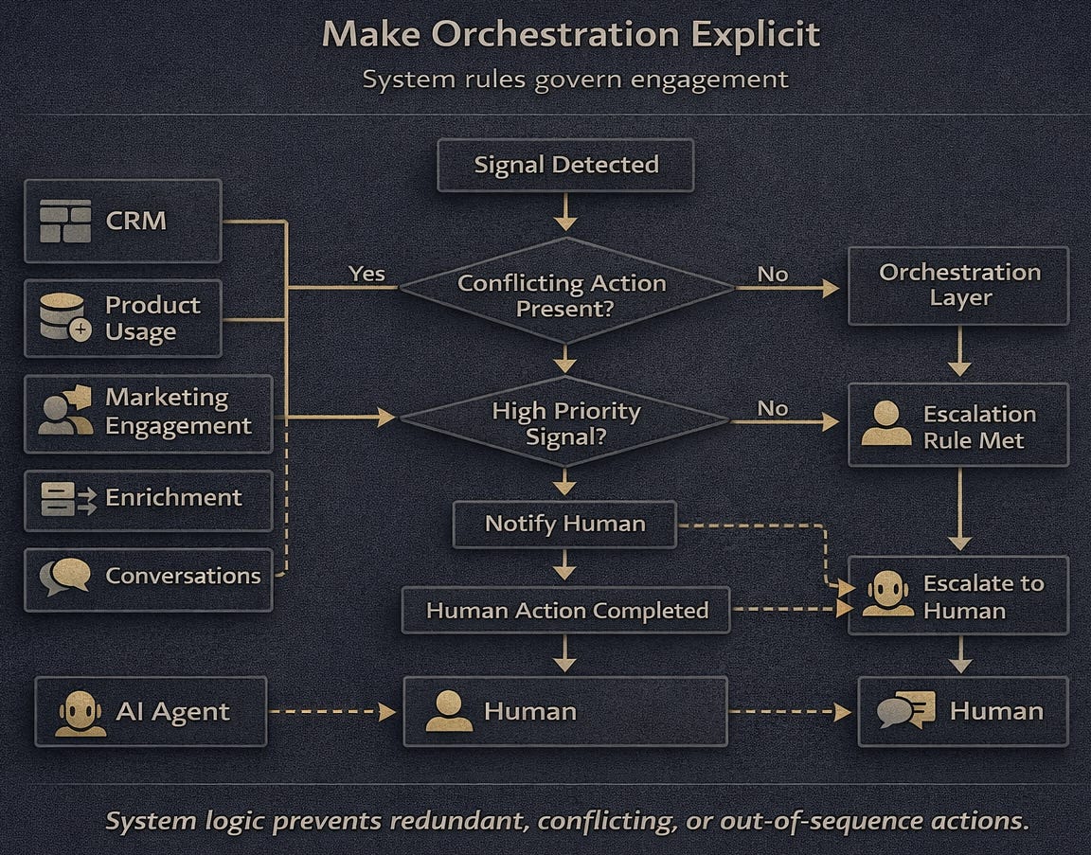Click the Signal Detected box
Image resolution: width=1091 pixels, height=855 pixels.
pyautogui.click(x=565, y=165)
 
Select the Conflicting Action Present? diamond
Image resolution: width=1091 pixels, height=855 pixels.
pyautogui.click(x=565, y=291)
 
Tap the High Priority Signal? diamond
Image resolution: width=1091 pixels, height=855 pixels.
pyautogui.click(x=565, y=419)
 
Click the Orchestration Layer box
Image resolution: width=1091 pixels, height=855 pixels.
pyautogui.click(x=958, y=285)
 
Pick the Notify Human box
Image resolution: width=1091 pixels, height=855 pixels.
pyautogui.click(x=564, y=524)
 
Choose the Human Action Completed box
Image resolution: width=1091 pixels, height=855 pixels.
pyautogui.click(x=566, y=611)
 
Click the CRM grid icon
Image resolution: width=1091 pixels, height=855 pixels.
pyautogui.click(x=65, y=221)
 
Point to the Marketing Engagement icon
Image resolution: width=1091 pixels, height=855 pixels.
pyautogui.click(x=65, y=411)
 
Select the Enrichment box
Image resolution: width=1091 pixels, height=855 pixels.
pyautogui.click(x=148, y=499)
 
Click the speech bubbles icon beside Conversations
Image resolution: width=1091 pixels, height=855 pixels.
pyautogui.click(x=65, y=576)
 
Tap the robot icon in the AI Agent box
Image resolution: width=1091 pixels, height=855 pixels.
pyautogui.click(x=80, y=712)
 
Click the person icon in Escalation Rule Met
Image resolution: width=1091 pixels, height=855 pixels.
pyautogui.click(x=885, y=424)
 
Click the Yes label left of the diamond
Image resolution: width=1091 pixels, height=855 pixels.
pyautogui.click(x=367, y=274)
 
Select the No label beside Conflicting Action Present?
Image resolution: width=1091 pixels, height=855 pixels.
pyautogui.click(x=773, y=274)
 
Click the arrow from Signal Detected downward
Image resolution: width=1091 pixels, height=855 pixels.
pyautogui.click(x=565, y=211)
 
